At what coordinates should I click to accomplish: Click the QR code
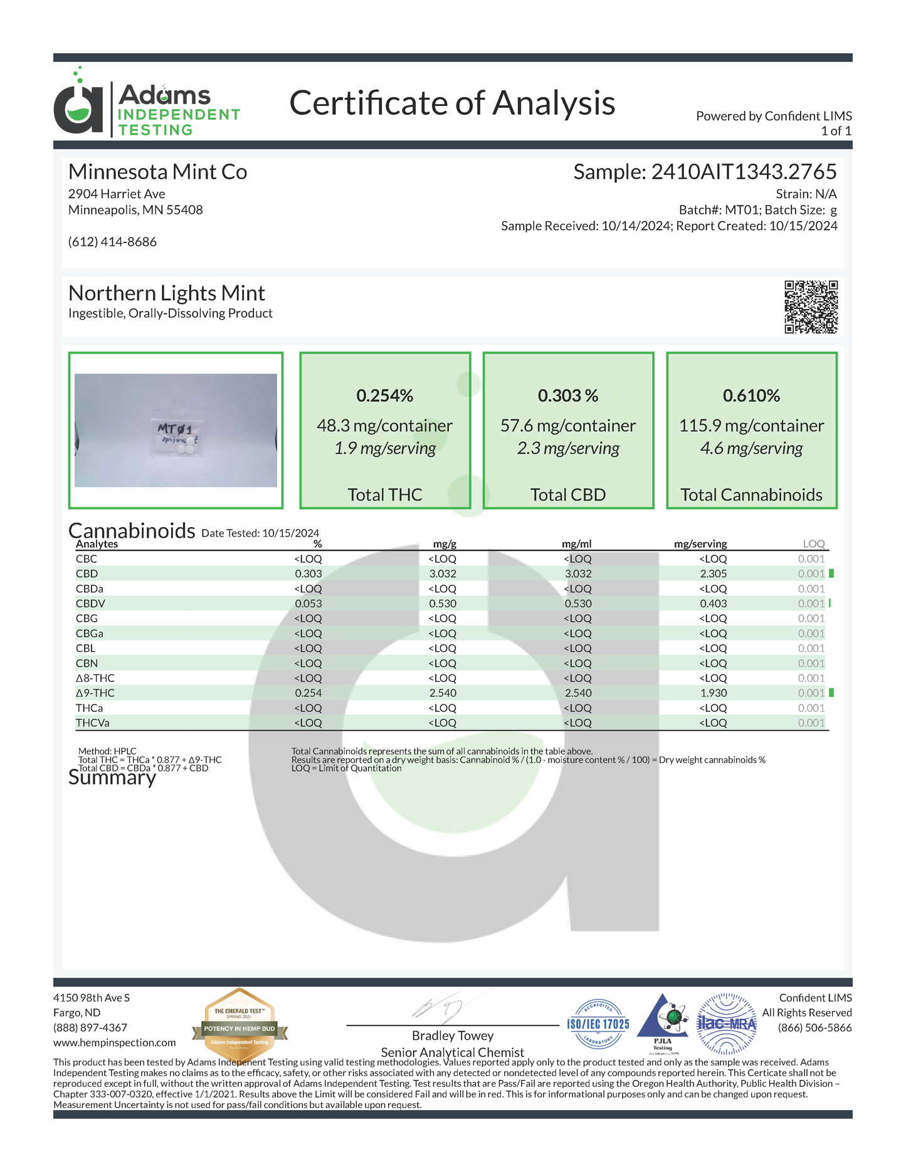pyautogui.click(x=811, y=306)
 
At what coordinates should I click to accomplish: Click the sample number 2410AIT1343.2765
pyautogui.click(x=744, y=172)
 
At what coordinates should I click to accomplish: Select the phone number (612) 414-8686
pyautogui.click(x=112, y=242)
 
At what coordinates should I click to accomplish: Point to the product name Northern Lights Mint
pyautogui.click(x=166, y=293)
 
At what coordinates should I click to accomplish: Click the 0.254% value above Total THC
pyautogui.click(x=384, y=395)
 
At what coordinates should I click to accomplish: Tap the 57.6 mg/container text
pyautogui.click(x=567, y=426)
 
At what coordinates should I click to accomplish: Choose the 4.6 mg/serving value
pyautogui.click(x=751, y=449)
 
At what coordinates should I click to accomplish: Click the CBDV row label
pyautogui.click(x=90, y=604)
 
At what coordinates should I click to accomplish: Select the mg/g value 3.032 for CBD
pyautogui.click(x=442, y=573)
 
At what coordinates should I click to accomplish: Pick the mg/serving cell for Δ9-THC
pyautogui.click(x=713, y=693)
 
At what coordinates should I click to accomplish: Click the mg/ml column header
pyautogui.click(x=576, y=544)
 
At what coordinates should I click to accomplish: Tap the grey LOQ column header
pyautogui.click(x=813, y=544)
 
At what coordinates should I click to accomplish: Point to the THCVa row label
pyautogui.click(x=92, y=723)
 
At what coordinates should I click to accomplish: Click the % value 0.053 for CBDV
pyautogui.click(x=308, y=604)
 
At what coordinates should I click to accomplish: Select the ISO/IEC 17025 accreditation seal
pyautogui.click(x=598, y=1024)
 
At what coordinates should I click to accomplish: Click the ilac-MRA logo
pyautogui.click(x=727, y=1024)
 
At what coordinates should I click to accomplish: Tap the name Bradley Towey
pyautogui.click(x=452, y=1035)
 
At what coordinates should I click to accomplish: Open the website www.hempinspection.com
pyautogui.click(x=114, y=1043)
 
